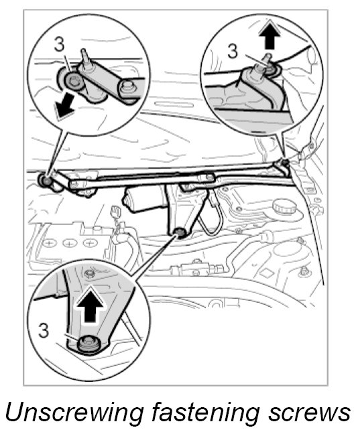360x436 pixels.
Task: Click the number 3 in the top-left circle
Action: (x=59, y=44)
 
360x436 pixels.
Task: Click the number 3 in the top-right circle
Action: (x=233, y=51)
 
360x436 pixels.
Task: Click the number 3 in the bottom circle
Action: (x=44, y=330)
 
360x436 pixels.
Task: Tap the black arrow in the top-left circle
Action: (x=64, y=106)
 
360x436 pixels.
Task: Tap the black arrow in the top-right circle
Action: (x=269, y=34)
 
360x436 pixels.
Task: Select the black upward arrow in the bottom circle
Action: (x=91, y=304)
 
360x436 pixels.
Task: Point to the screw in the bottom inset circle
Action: (x=88, y=344)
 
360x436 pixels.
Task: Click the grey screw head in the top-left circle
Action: (x=74, y=81)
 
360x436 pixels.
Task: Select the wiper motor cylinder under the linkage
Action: (x=144, y=198)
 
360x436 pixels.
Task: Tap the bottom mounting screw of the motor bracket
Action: (x=178, y=232)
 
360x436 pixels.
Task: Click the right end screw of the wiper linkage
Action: (x=284, y=161)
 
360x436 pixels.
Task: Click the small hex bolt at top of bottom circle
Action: (x=89, y=274)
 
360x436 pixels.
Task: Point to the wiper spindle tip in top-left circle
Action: (x=84, y=54)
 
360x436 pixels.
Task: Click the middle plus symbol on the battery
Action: (x=68, y=242)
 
